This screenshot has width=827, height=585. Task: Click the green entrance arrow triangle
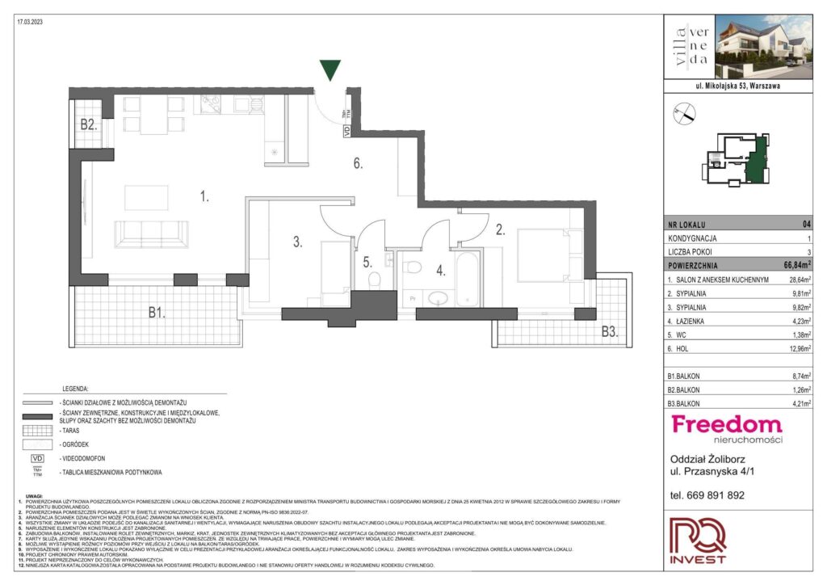tap(330, 70)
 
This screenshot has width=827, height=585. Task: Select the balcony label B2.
tap(88, 125)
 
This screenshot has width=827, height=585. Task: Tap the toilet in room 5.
tap(373, 279)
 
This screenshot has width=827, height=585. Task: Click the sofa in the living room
tap(153, 234)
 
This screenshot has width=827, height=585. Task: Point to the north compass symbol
tap(683, 115)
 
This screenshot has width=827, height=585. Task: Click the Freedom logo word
tap(727, 424)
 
